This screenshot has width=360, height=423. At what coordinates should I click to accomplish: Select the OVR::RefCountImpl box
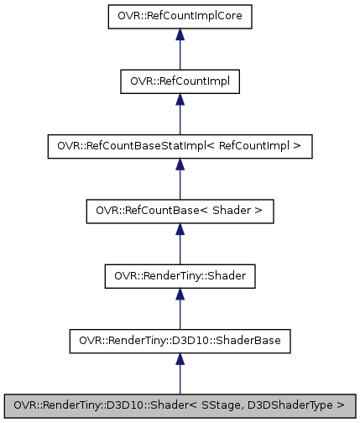180,81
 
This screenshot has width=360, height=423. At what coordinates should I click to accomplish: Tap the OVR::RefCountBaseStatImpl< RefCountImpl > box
180,146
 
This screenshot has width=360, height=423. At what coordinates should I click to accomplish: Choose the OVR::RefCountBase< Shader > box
180,211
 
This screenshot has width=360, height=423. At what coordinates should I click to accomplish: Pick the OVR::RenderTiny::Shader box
180,276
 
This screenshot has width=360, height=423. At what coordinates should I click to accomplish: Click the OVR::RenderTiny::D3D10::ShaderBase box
180,342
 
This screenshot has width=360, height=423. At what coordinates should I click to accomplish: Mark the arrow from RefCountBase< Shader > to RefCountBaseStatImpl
180,179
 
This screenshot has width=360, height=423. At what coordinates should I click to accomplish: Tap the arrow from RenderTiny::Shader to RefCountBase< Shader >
180,244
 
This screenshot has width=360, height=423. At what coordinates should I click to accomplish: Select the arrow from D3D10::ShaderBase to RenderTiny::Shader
180,310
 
